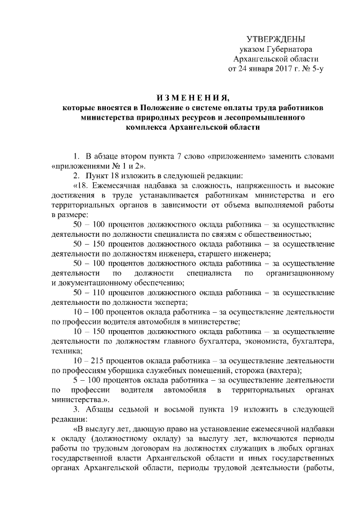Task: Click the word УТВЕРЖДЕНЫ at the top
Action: (x=276, y=39)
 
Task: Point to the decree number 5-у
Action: (x=315, y=70)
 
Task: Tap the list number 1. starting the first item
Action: (x=76, y=155)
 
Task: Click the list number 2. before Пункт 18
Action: (x=76, y=175)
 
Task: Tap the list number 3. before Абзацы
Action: (x=76, y=409)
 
